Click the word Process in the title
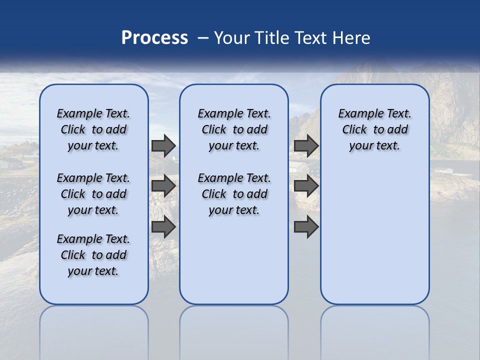(154, 38)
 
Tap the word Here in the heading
(352, 38)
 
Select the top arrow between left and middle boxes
(163, 145)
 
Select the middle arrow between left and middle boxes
(163, 186)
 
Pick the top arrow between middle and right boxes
(306, 145)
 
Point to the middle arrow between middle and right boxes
(306, 186)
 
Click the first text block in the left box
(93, 129)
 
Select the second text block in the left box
(93, 194)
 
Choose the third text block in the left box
(93, 255)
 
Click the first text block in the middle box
(234, 129)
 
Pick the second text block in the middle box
(234, 194)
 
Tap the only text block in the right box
(374, 129)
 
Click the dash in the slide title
(203, 38)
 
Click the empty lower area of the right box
(374, 235)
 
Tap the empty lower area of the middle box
(234, 260)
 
